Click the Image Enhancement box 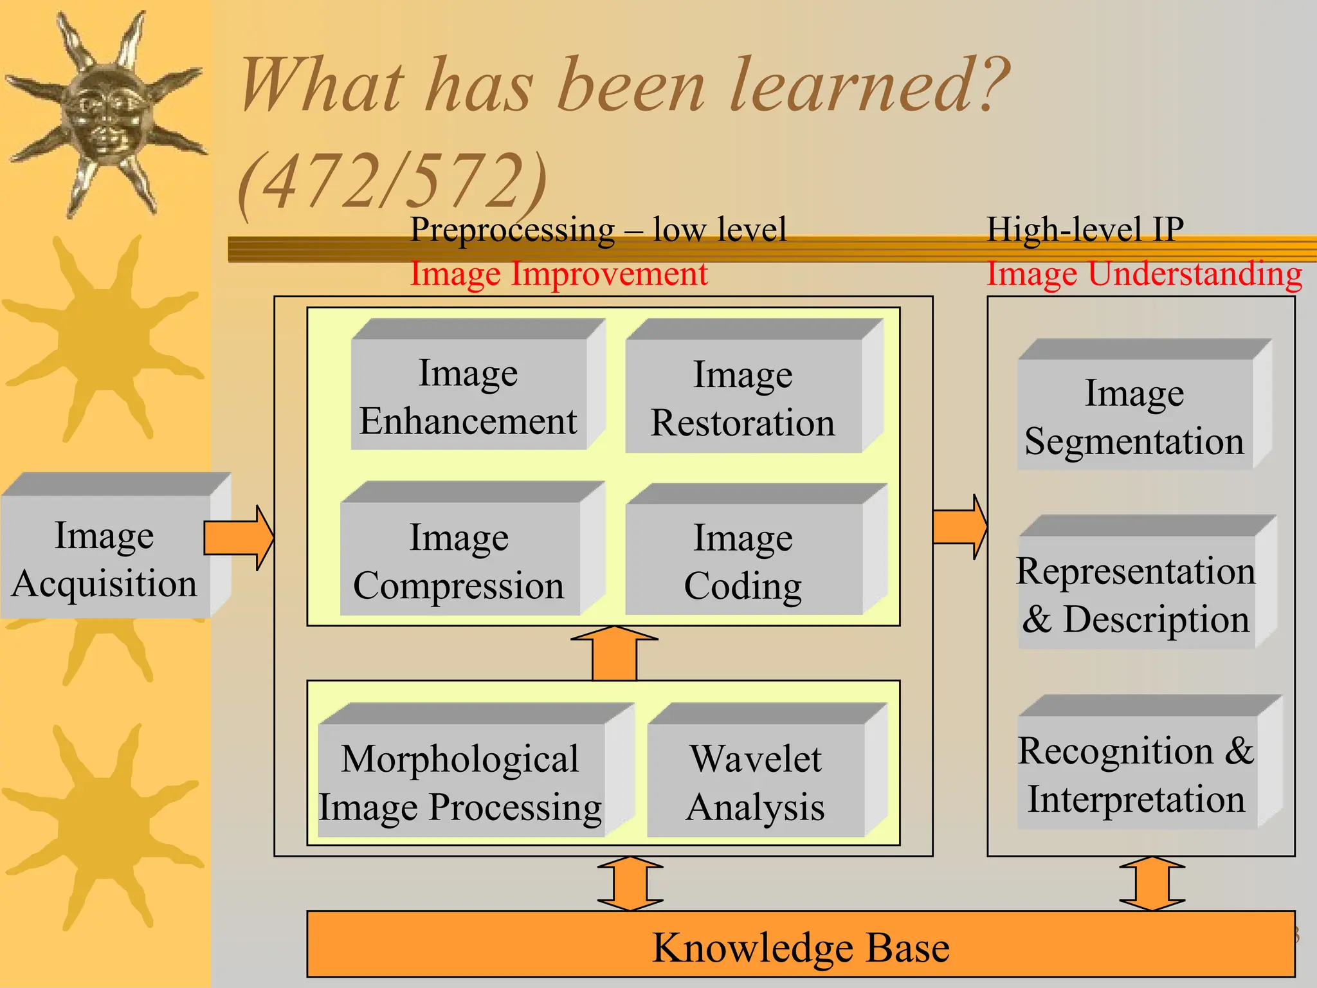(469, 396)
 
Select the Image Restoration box (743, 398)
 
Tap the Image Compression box (460, 560)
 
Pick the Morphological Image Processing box (461, 781)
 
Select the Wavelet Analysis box (756, 781)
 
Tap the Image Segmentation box (1135, 416)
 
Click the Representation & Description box (1136, 593)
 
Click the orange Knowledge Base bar (801, 946)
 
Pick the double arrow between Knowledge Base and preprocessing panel (630, 883)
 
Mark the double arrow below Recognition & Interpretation (1152, 883)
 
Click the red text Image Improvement (559, 274)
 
